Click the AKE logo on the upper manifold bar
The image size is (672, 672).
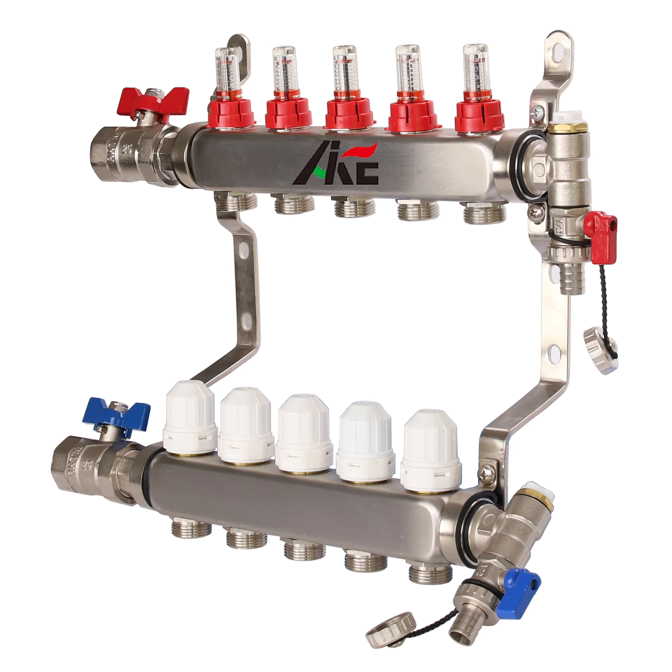point(336,165)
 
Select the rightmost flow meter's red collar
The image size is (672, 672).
point(479,111)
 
